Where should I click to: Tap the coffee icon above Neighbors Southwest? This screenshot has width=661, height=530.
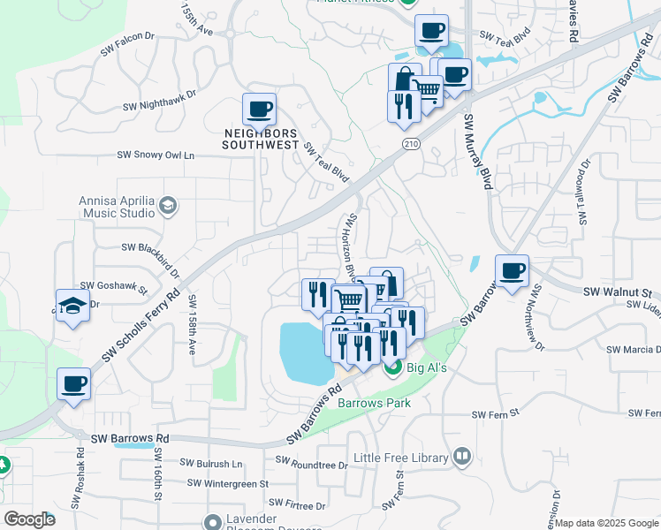(259, 110)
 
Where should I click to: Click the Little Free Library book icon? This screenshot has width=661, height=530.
(461, 457)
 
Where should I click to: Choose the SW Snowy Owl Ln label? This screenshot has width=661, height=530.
(156, 155)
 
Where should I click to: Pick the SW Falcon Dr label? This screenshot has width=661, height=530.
(127, 44)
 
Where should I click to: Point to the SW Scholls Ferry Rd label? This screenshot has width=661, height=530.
(141, 326)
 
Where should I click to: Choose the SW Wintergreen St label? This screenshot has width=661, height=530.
(228, 483)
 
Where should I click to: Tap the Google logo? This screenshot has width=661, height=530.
(29, 519)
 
